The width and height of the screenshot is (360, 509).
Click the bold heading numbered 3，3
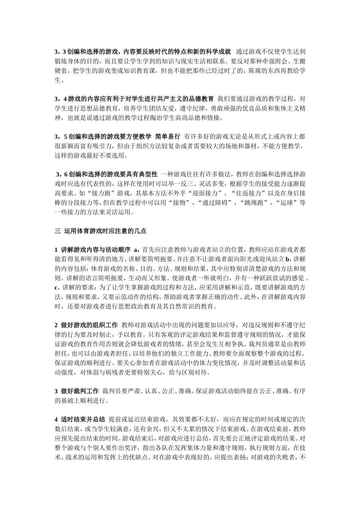(x=143, y=52)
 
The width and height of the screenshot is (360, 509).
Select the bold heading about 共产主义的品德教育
(x=134, y=99)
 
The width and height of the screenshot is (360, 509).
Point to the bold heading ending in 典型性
(x=106, y=175)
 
